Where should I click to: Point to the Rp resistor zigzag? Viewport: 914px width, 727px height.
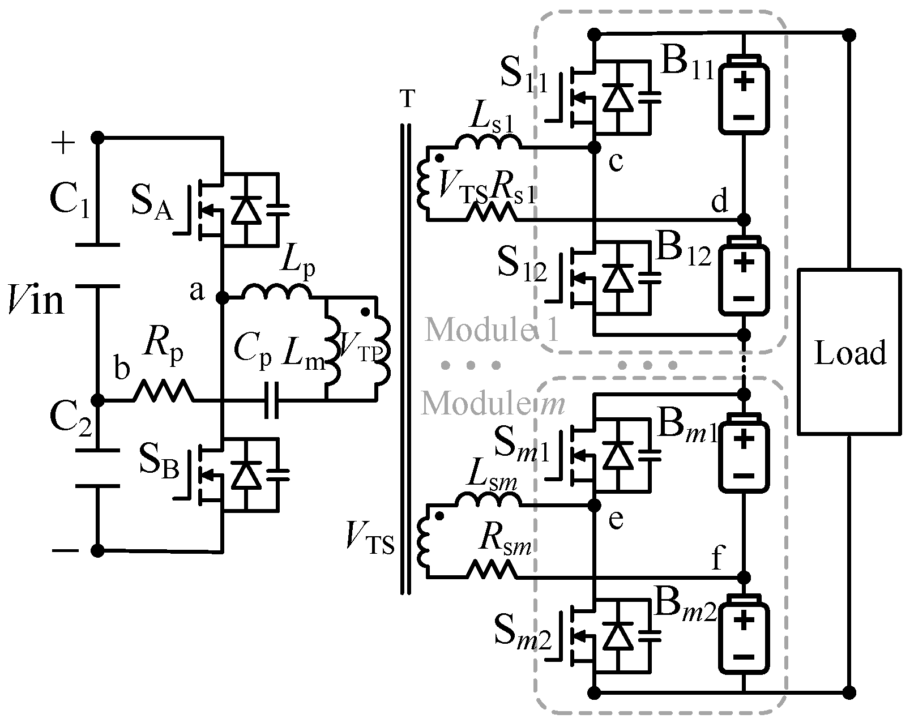(x=163, y=391)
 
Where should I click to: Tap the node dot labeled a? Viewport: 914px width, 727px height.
(x=223, y=297)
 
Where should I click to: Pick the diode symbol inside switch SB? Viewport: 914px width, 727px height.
(x=245, y=474)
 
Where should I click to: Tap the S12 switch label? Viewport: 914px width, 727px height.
(x=520, y=264)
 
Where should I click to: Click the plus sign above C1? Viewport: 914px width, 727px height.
(x=63, y=143)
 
